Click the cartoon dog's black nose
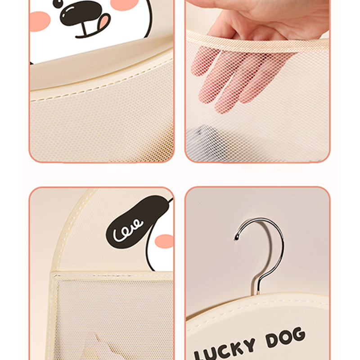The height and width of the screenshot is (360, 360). pyautogui.click(x=81, y=13)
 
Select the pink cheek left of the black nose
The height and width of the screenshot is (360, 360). pyautogui.click(x=40, y=21)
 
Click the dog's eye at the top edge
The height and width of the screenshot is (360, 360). pyautogui.click(x=58, y=3)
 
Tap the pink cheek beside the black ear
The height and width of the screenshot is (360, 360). pyautogui.click(x=164, y=241)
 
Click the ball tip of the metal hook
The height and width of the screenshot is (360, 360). pyautogui.click(x=236, y=237)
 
